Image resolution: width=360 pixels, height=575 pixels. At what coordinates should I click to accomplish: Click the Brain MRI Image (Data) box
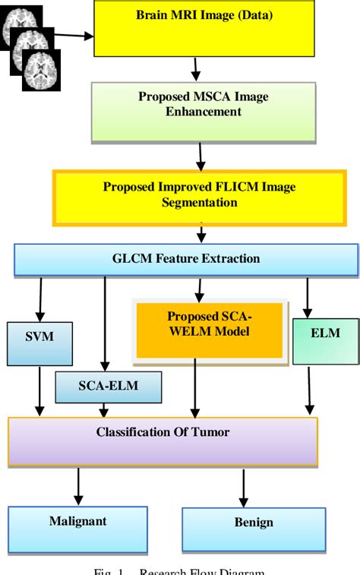coord(203,29)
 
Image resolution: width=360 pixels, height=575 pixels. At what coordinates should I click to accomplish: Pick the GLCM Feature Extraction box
coord(185,260)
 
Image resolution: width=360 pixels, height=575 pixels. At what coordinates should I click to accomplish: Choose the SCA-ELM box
coord(108,387)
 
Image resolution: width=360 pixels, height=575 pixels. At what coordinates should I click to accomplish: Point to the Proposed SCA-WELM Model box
coord(210,328)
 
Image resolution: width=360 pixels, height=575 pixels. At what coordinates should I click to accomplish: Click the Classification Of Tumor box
coord(163,440)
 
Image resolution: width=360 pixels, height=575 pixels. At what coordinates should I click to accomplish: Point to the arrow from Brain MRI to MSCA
coord(195,69)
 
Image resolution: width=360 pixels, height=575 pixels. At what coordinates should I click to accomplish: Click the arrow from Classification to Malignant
coord(77,484)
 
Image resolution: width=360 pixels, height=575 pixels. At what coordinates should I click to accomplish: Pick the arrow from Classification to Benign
coord(243,486)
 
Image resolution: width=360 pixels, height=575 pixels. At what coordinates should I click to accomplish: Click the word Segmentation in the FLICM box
coord(200,203)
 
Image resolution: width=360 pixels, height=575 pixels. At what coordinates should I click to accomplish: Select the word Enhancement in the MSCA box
coord(204,112)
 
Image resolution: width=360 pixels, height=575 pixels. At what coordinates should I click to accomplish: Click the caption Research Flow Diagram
coord(202,570)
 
